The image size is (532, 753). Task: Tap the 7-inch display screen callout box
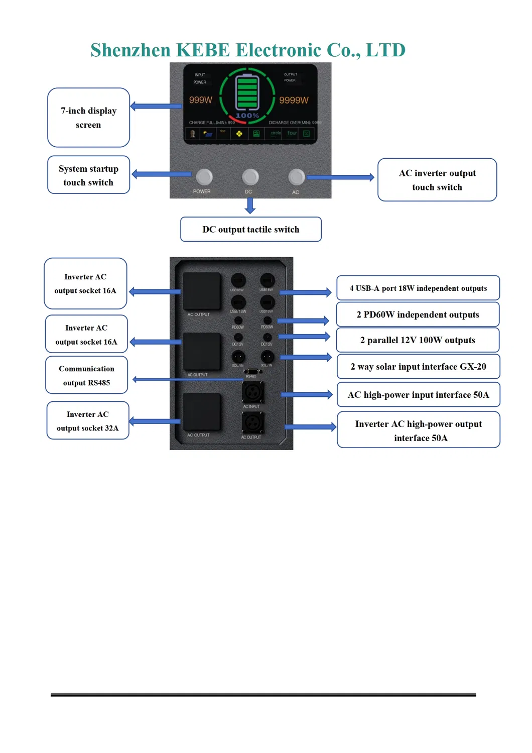click(x=88, y=118)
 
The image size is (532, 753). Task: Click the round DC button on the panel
click(x=250, y=177)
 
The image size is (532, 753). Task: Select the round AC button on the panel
click(x=296, y=177)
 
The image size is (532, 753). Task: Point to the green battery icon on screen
click(x=247, y=92)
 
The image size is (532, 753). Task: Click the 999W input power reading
click(x=200, y=100)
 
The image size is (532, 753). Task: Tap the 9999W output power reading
click(x=294, y=100)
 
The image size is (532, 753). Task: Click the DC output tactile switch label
click(x=250, y=230)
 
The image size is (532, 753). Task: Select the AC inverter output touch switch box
click(x=437, y=180)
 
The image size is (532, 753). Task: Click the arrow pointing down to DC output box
click(x=250, y=205)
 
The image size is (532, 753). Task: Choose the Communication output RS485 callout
click(x=86, y=375)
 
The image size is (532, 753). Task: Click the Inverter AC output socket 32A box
click(x=88, y=421)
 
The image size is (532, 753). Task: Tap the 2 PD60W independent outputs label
click(x=418, y=314)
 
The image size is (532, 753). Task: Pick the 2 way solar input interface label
click(x=418, y=367)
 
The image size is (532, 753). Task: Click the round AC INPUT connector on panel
click(x=252, y=392)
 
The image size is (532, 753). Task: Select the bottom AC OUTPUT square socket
click(x=201, y=412)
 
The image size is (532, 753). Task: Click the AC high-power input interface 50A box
click(x=418, y=395)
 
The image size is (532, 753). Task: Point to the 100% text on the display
click(x=247, y=116)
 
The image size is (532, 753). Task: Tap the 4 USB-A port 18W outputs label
click(x=418, y=288)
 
